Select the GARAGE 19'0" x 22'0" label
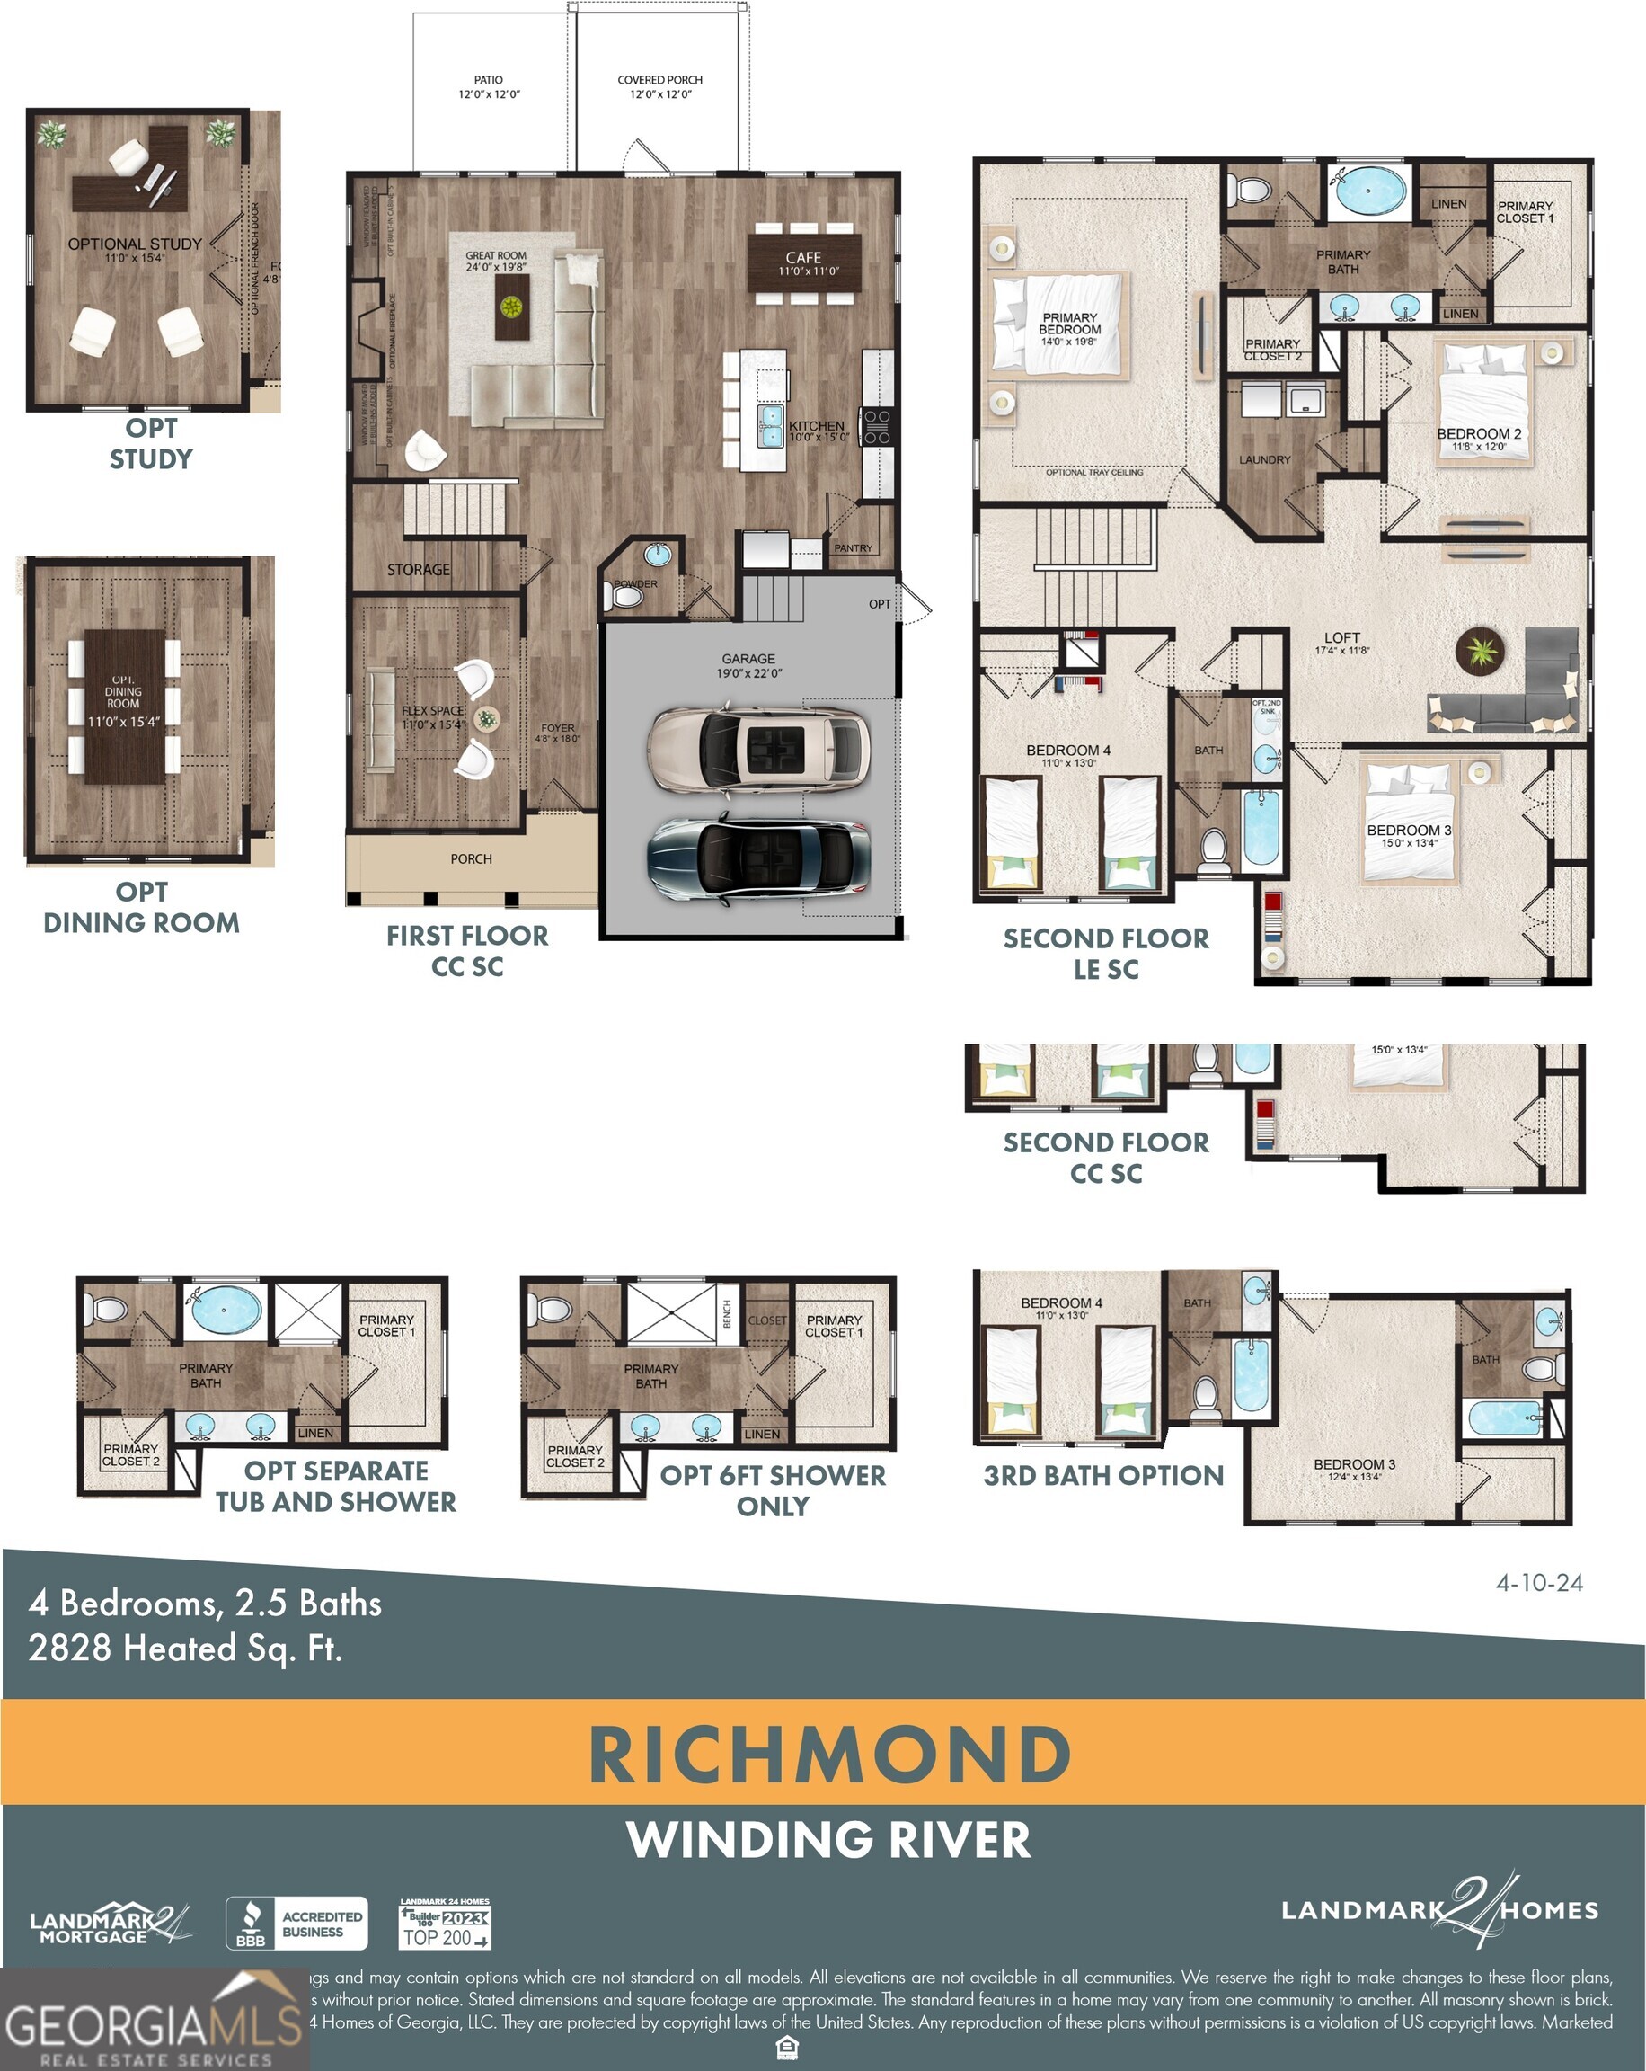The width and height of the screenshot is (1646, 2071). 748,665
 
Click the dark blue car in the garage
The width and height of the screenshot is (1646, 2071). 758,856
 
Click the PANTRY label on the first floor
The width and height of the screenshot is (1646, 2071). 853,547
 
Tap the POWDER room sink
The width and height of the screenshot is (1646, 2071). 658,555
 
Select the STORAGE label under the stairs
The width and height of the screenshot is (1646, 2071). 418,570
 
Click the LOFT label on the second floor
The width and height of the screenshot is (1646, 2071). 1341,638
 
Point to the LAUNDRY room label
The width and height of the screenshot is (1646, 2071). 1264,460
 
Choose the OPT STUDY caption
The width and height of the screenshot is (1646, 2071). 151,443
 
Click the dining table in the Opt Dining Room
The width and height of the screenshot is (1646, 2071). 124,706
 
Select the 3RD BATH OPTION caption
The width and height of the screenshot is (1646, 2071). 1102,1474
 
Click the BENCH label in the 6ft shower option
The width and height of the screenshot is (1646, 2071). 727,1313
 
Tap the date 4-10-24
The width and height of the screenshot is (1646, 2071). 1538,1582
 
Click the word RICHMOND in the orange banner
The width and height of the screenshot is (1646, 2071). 828,1754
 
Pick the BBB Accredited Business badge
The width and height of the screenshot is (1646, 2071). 296,1923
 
